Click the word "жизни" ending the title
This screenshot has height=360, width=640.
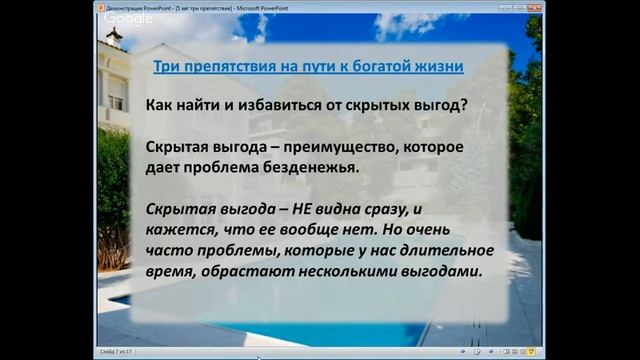click(440, 68)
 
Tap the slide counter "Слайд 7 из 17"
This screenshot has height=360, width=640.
click(117, 353)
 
